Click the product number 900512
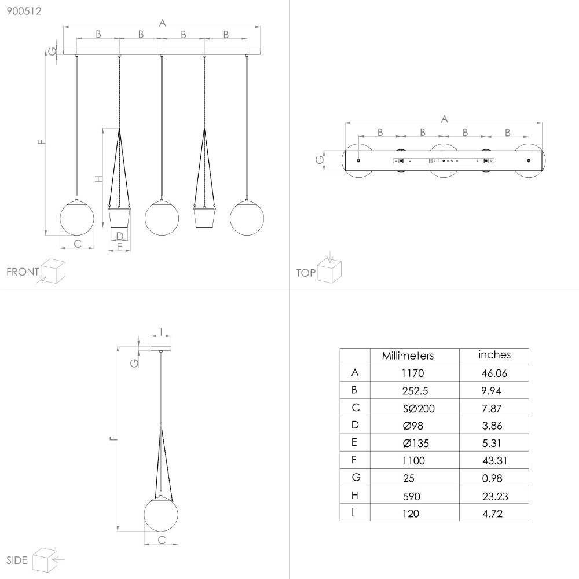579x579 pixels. click(x=24, y=11)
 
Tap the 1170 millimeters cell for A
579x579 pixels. click(x=412, y=373)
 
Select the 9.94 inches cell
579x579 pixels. click(x=491, y=391)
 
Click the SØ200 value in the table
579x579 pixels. click(x=419, y=408)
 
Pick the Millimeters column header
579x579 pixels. click(x=408, y=356)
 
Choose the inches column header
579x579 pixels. click(x=494, y=355)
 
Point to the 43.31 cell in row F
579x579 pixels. click(x=495, y=460)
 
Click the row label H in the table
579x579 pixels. click(x=354, y=495)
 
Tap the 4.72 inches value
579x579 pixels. click(x=492, y=513)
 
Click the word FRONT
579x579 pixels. click(x=23, y=272)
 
